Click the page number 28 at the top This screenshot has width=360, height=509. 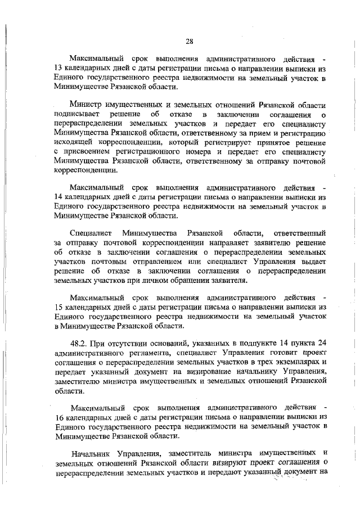(x=189, y=40)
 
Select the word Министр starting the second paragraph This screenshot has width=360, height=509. (x=85, y=105)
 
